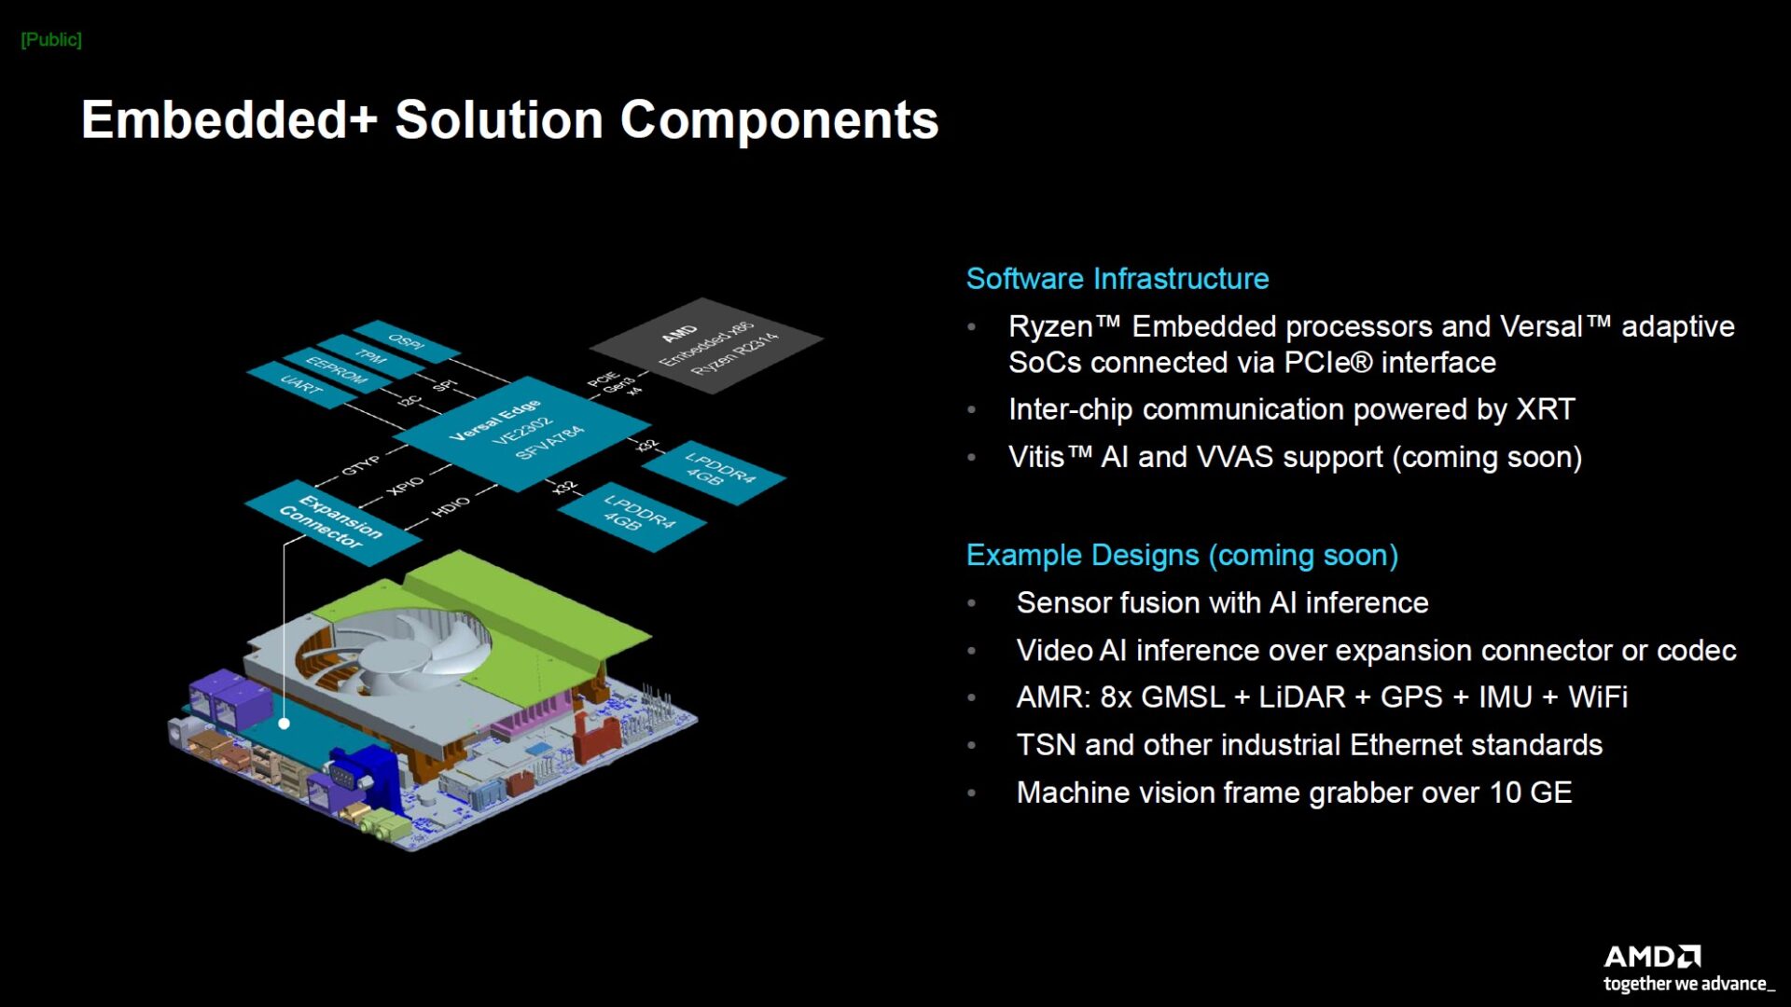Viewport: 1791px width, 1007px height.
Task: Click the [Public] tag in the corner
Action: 51,39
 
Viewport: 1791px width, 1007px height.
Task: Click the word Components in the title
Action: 779,120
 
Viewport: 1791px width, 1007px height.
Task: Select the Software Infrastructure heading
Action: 1117,278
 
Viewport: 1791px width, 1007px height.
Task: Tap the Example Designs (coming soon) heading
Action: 1181,555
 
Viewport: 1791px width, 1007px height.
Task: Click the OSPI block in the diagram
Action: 407,341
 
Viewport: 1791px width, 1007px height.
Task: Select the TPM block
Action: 370,356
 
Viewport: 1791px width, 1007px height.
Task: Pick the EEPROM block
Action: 336,371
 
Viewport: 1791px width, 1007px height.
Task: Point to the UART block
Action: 300,384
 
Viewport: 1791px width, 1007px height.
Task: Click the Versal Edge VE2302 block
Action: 518,431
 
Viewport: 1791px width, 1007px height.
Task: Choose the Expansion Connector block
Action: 331,522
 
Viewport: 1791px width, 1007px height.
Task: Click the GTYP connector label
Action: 360,464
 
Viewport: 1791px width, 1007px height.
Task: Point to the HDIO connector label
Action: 451,506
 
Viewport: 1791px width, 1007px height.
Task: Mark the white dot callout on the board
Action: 284,723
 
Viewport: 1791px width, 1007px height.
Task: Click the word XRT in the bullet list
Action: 1545,409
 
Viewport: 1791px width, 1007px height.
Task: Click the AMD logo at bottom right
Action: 1652,957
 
